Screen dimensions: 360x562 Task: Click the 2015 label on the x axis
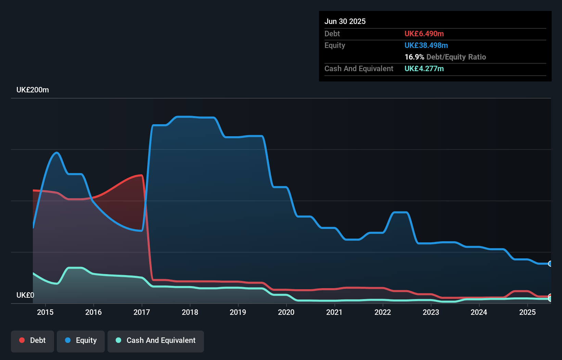(45, 312)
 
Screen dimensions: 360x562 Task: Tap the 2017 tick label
(142, 312)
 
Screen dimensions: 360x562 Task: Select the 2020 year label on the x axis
(286, 312)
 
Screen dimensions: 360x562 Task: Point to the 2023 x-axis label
(431, 312)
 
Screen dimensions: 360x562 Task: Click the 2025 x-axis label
(527, 312)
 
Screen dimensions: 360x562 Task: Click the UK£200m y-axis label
(33, 90)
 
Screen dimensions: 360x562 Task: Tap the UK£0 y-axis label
(25, 295)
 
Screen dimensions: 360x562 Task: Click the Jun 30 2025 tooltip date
(345, 21)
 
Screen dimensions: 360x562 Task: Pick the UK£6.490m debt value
(424, 34)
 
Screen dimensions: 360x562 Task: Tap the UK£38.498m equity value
(426, 45)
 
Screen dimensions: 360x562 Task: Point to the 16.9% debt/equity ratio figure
(414, 57)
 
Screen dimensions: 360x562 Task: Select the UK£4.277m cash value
(424, 68)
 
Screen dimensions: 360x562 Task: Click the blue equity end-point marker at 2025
(550, 263)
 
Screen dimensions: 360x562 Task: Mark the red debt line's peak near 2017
(141, 175)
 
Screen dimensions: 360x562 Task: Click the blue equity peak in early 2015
(57, 153)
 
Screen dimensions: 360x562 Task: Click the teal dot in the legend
(118, 340)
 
